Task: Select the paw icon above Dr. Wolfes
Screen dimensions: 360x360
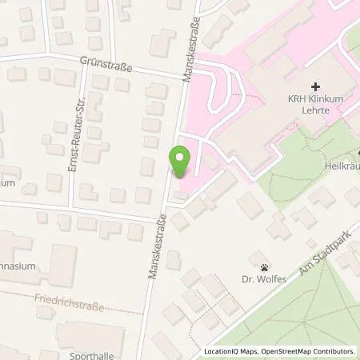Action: coord(263,266)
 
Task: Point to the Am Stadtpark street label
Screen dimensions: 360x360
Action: coord(314,261)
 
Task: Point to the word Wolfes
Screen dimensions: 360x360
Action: coord(270,280)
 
